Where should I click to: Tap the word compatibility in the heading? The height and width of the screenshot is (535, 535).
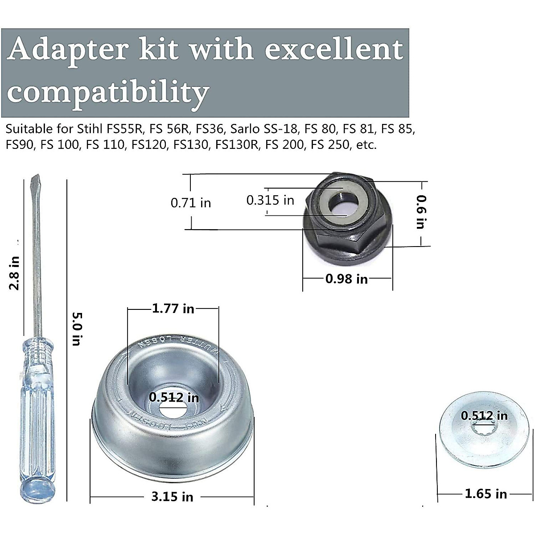(x=109, y=92)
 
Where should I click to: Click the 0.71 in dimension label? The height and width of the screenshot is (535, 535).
(x=191, y=203)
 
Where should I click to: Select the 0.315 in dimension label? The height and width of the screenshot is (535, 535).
(x=270, y=200)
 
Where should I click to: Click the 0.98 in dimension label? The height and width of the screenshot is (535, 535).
(x=346, y=279)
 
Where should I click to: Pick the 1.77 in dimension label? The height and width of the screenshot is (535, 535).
(x=173, y=308)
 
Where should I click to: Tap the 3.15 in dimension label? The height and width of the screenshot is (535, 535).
(x=172, y=496)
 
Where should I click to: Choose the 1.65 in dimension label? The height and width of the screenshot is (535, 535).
(x=486, y=494)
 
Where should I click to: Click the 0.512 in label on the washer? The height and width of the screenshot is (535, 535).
(x=484, y=416)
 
